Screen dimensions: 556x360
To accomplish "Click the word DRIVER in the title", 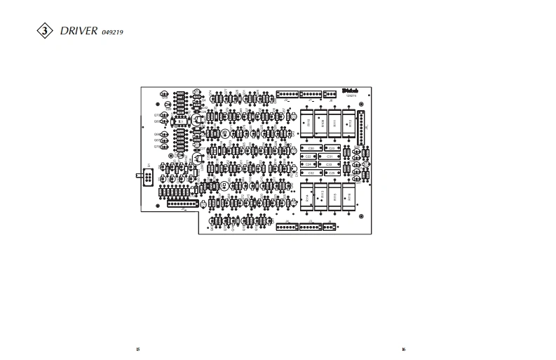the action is (79, 32).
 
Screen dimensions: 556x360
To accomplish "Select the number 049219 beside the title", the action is (113, 33).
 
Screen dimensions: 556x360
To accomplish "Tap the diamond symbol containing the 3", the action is (45, 32).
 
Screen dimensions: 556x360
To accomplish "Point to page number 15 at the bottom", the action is (138, 349).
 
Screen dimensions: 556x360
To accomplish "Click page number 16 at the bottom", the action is (404, 349).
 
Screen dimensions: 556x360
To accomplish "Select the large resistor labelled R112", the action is (348, 122).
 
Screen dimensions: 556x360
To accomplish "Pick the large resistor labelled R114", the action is (307, 196).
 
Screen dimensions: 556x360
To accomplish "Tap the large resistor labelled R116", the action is (348, 196).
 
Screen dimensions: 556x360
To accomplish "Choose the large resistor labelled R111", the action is (335, 122).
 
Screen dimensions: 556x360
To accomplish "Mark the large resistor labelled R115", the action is (334, 196).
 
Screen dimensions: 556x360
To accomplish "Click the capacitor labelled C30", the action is (311, 147).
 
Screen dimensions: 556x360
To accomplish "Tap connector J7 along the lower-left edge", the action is (182, 203).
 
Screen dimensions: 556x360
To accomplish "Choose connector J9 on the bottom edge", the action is (330, 226).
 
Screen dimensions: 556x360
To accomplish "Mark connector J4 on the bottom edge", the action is (287, 226).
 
